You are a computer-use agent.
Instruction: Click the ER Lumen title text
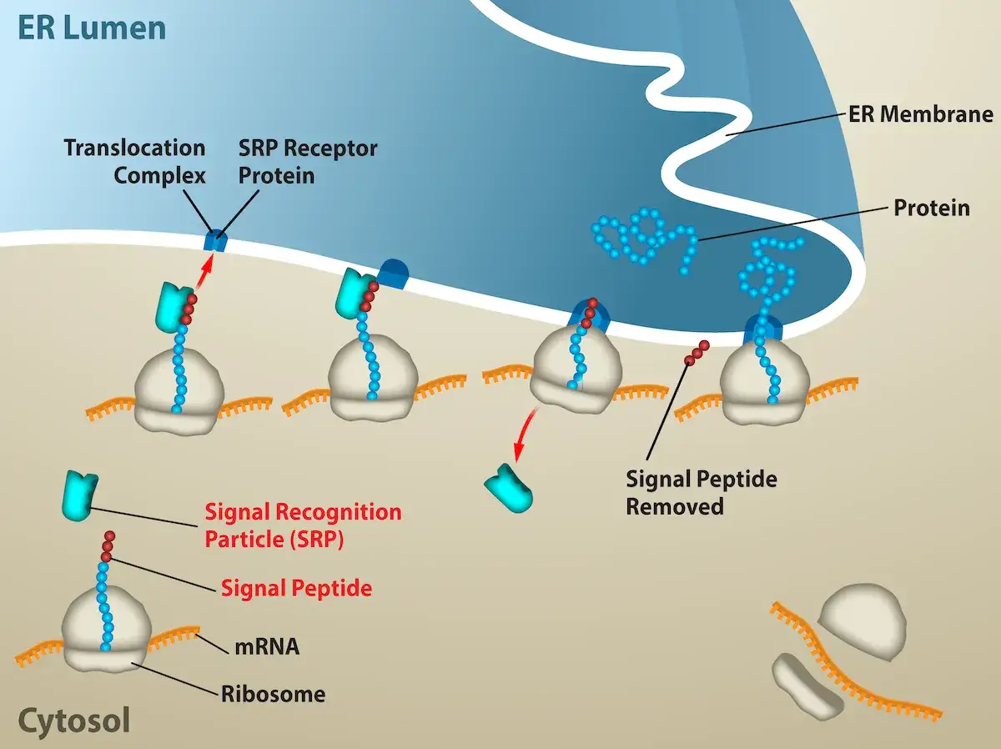tap(92, 28)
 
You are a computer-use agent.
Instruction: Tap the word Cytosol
tap(74, 721)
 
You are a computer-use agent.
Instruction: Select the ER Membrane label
tap(920, 114)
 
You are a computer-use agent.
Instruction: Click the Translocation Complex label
tap(135, 161)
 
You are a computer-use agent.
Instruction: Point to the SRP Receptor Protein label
tap(309, 161)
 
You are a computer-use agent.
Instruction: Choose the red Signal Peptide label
tap(296, 588)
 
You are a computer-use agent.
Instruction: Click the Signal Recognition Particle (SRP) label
tap(304, 525)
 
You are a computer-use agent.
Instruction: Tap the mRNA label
tap(267, 647)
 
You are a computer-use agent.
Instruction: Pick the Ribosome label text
tap(273, 694)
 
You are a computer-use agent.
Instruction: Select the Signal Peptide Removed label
tap(702, 493)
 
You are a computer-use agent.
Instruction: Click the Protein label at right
tap(932, 208)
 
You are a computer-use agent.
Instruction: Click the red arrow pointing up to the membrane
tap(204, 270)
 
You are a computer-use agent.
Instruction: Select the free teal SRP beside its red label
tap(79, 495)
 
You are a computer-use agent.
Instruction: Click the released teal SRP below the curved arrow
tap(509, 488)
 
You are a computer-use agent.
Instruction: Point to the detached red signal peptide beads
tap(697, 353)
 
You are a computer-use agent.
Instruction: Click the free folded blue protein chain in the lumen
tap(644, 239)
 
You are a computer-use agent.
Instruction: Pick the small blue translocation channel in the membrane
tap(214, 240)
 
